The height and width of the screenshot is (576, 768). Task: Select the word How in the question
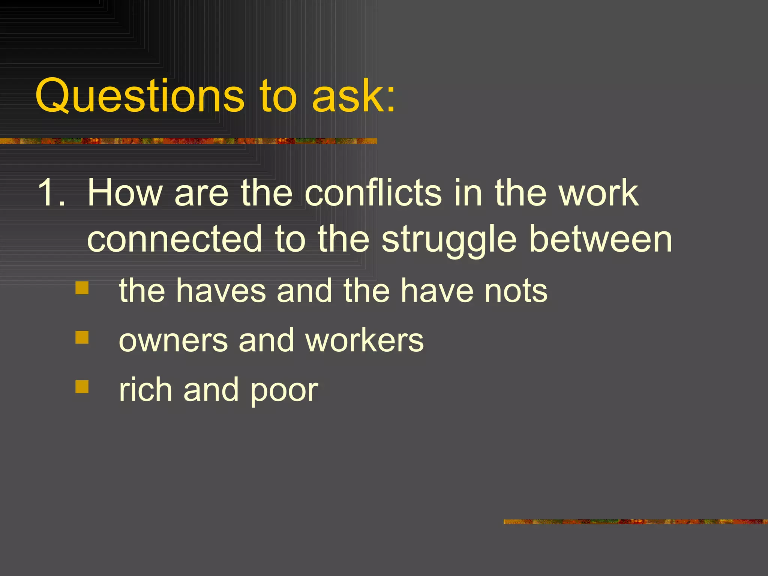click(124, 192)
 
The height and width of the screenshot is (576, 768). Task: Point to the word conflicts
click(373, 192)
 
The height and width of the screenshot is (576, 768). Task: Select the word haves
click(221, 290)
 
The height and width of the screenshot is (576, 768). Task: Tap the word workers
click(364, 340)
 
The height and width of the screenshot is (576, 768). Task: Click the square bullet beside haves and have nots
click(82, 288)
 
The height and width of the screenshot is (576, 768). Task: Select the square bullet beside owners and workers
click(82, 337)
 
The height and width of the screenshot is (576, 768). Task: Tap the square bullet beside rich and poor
click(82, 387)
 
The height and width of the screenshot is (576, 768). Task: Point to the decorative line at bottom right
click(635, 522)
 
